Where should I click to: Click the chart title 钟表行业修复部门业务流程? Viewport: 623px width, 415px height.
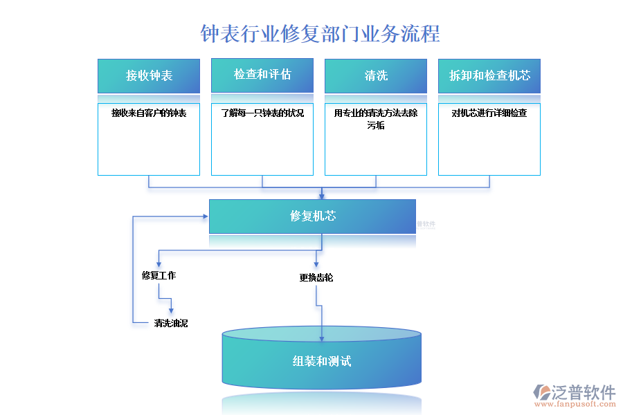(x=320, y=33)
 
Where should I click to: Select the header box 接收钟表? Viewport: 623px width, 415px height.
(x=149, y=75)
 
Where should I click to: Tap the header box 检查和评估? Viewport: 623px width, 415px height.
(x=262, y=75)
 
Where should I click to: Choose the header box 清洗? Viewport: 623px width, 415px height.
(x=376, y=75)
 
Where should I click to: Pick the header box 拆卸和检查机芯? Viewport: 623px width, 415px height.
(x=489, y=75)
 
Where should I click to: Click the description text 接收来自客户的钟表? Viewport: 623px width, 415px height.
(x=149, y=113)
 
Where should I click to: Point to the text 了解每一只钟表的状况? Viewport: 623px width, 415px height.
(x=262, y=113)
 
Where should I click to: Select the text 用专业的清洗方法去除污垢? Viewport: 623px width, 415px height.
(x=376, y=119)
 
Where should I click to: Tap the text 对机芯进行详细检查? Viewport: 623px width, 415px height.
(x=489, y=113)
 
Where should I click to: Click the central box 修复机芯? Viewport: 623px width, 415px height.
(x=313, y=216)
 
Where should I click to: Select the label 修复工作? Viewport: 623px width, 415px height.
(x=159, y=275)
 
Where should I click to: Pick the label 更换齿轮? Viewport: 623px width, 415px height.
(x=316, y=277)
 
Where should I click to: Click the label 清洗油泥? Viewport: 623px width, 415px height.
(x=170, y=323)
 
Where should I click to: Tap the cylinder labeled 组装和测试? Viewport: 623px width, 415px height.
(x=321, y=361)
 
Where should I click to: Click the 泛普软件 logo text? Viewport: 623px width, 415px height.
(x=584, y=392)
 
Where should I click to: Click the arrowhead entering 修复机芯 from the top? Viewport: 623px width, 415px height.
(x=322, y=196)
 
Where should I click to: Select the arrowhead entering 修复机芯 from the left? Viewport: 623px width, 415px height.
(x=206, y=216)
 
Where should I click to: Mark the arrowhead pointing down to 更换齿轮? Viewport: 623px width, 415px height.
(x=316, y=264)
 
